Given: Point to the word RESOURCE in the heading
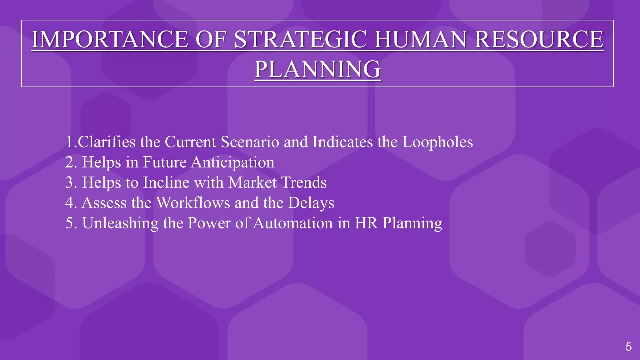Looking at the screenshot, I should click(539, 39).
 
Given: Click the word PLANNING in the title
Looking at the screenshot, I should click(317, 69).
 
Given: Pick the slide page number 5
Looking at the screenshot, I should click(628, 347).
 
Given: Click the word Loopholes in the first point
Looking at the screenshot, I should click(437, 142).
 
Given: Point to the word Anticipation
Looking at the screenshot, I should click(233, 162).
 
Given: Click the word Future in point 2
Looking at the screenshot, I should click(165, 162).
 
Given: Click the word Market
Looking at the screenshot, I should click(252, 182).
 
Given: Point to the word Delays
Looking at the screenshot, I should click(311, 203).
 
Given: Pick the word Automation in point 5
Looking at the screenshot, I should click(293, 223).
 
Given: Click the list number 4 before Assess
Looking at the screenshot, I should click(69, 203).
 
